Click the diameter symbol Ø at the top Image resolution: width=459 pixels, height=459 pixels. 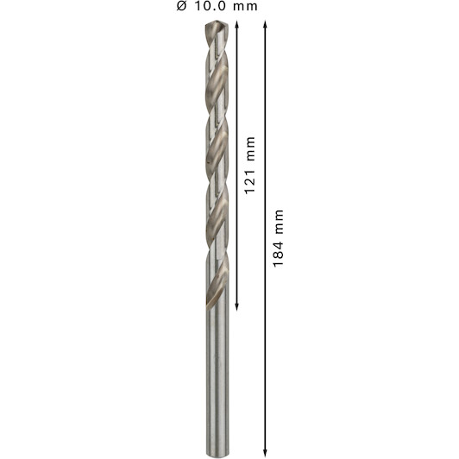click(181, 6)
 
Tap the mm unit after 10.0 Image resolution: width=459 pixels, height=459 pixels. click(245, 7)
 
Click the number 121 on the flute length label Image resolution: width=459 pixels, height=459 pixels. click(250, 181)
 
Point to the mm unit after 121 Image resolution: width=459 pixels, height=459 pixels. click(251, 148)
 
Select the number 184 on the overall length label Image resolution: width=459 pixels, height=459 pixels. click(279, 254)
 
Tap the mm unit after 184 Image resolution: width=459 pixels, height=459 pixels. click(280, 222)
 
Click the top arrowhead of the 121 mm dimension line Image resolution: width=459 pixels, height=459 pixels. click(236, 24)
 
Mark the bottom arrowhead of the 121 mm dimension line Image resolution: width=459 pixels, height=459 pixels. click(236, 306)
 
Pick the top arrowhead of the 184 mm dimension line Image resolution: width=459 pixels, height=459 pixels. click(265, 24)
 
